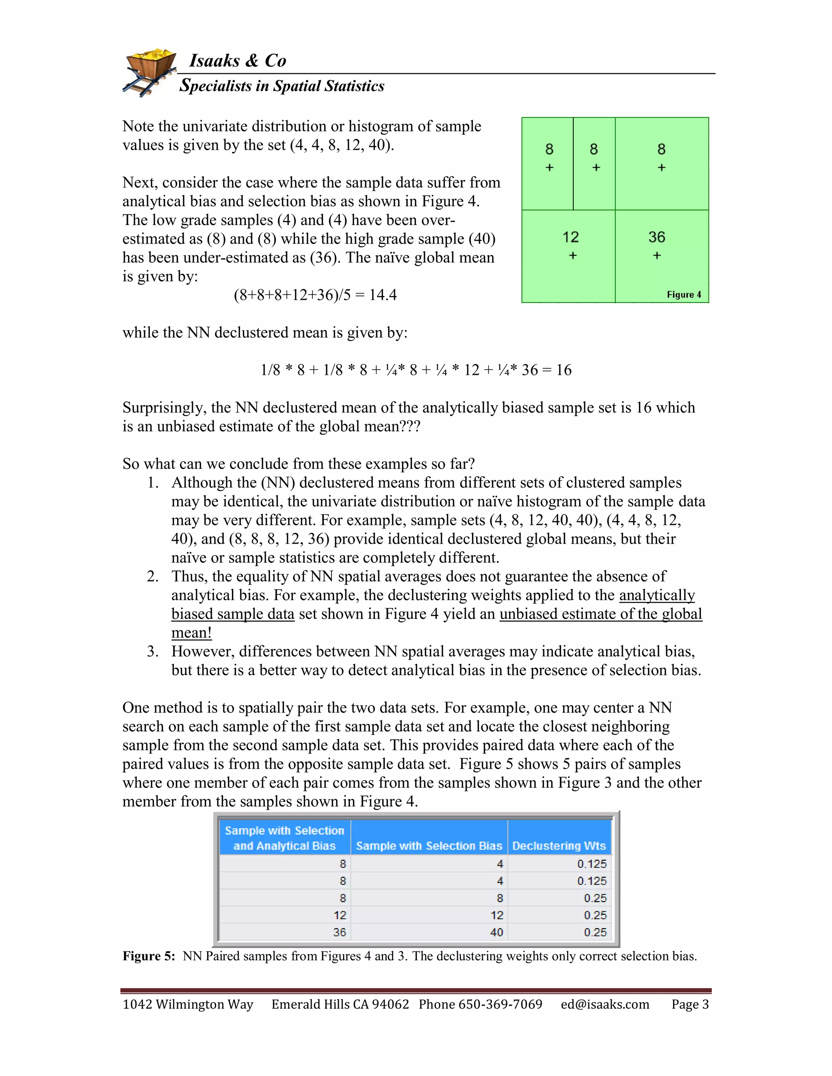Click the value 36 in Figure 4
(x=656, y=238)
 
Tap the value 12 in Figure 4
(x=570, y=238)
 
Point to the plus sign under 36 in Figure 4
(x=656, y=256)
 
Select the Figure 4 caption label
(x=684, y=295)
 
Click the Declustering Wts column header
(x=559, y=846)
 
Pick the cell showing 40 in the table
(x=496, y=932)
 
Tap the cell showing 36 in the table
(x=339, y=932)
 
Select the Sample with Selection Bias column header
(x=429, y=846)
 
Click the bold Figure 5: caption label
(x=149, y=956)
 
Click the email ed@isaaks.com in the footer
(x=605, y=1005)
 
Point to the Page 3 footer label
(x=689, y=1005)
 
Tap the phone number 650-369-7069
(x=500, y=1005)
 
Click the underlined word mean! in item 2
(x=191, y=633)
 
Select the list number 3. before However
(x=152, y=652)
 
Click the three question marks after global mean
(x=411, y=427)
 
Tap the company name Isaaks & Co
(x=238, y=60)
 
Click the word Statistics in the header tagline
(x=354, y=86)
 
